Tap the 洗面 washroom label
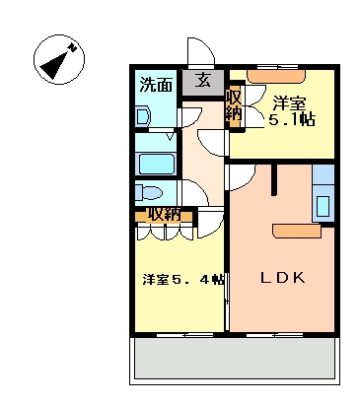(x=154, y=84)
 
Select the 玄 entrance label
(x=202, y=81)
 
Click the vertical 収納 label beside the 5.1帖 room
(x=234, y=106)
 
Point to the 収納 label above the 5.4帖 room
(x=163, y=214)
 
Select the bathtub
(x=156, y=164)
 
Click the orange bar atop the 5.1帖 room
(x=276, y=74)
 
